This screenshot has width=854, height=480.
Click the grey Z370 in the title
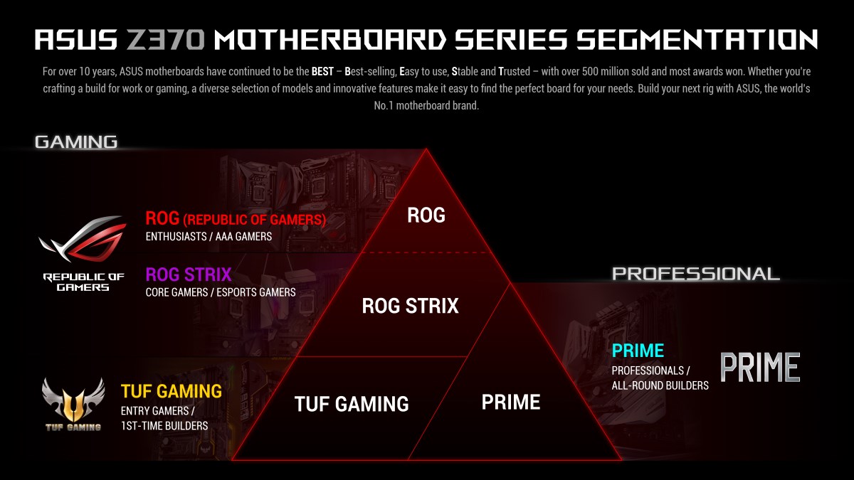pyautogui.click(x=165, y=40)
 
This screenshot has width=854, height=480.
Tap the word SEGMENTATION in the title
pyautogui.click(x=697, y=40)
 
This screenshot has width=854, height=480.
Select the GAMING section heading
pyautogui.click(x=76, y=142)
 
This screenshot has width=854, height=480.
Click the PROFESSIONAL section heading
pyautogui.click(x=696, y=274)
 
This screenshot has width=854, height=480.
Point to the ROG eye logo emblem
pyautogui.click(x=83, y=239)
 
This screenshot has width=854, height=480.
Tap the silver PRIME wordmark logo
pyautogui.click(x=760, y=367)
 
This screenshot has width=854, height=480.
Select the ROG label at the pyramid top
pyautogui.click(x=426, y=215)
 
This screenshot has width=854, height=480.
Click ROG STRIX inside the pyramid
pyautogui.click(x=410, y=306)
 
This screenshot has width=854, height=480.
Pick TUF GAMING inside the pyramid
pyautogui.click(x=352, y=404)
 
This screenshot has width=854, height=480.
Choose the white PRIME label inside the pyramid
pyautogui.click(x=511, y=402)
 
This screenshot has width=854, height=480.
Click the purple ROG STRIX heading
pyautogui.click(x=189, y=274)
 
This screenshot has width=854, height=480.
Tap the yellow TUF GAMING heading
pyautogui.click(x=172, y=391)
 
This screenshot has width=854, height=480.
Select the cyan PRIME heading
pyautogui.click(x=638, y=351)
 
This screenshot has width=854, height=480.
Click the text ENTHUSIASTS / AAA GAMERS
pyautogui.click(x=209, y=237)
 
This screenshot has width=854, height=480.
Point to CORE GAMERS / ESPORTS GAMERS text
pyautogui.click(x=221, y=292)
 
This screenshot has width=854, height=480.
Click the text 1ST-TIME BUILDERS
pyautogui.click(x=164, y=425)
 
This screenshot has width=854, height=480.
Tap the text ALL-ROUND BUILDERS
pyautogui.click(x=660, y=385)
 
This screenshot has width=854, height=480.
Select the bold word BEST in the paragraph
pyautogui.click(x=322, y=72)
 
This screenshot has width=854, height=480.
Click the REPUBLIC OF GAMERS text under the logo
pyautogui.click(x=83, y=282)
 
